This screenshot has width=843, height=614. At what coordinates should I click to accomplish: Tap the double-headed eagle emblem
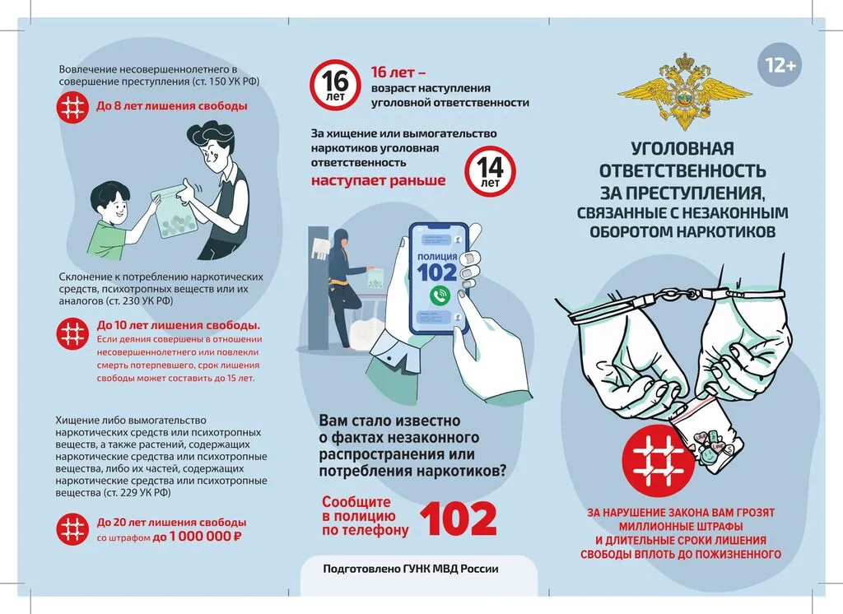pyautogui.click(x=682, y=90)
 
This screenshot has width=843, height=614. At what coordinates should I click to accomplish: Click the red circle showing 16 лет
pyautogui.click(x=335, y=84)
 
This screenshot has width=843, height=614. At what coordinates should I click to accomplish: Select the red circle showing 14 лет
pyautogui.click(x=489, y=171)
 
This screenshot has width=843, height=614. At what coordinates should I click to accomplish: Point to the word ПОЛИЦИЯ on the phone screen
pyautogui.click(x=436, y=257)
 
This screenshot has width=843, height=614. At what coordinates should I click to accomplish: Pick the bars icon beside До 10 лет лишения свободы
pyautogui.click(x=74, y=333)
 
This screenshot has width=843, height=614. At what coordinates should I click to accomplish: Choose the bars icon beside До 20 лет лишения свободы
pyautogui.click(x=74, y=528)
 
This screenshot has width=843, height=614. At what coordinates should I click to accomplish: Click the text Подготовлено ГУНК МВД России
pyautogui.click(x=410, y=569)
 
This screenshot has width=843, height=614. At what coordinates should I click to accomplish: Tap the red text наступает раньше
pyautogui.click(x=378, y=180)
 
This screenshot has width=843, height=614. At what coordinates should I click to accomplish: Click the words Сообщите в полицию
pyautogui.click(x=366, y=509)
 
